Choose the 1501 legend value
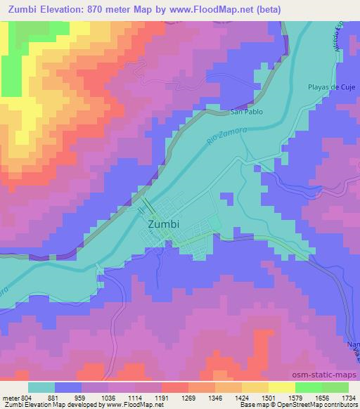coord(268,397)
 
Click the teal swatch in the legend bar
coord(41,387)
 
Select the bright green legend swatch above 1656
coord(309,387)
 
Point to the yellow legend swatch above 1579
coord(282,387)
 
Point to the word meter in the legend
coord(11,397)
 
